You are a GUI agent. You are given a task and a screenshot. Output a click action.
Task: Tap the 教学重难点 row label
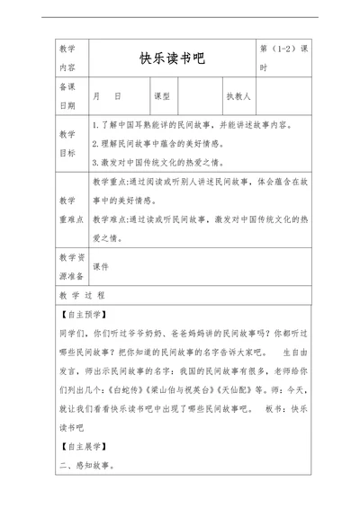(x=67, y=209)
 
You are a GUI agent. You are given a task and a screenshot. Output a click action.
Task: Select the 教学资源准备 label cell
(x=67, y=266)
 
